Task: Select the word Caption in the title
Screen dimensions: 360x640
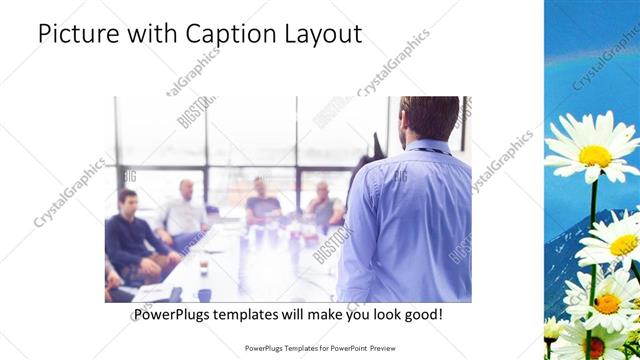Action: click(x=224, y=33)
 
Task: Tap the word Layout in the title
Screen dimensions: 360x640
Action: click(x=324, y=33)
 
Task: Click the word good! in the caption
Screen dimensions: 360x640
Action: click(x=420, y=314)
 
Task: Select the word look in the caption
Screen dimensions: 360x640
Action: click(x=377, y=314)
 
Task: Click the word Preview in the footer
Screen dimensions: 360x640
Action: click(x=392, y=349)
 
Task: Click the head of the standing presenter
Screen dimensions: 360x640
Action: click(x=423, y=118)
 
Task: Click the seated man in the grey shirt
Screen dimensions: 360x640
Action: click(x=323, y=204)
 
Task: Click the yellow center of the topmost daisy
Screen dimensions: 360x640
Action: click(x=595, y=155)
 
